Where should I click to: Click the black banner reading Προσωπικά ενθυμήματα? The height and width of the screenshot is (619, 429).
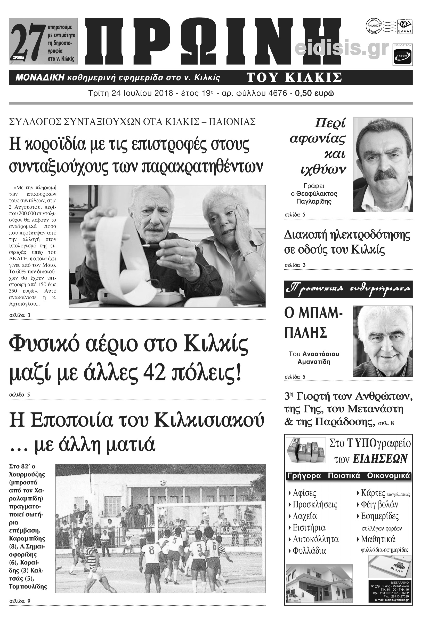click(x=348, y=289)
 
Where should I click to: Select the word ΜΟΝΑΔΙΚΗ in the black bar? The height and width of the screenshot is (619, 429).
click(x=40, y=78)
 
